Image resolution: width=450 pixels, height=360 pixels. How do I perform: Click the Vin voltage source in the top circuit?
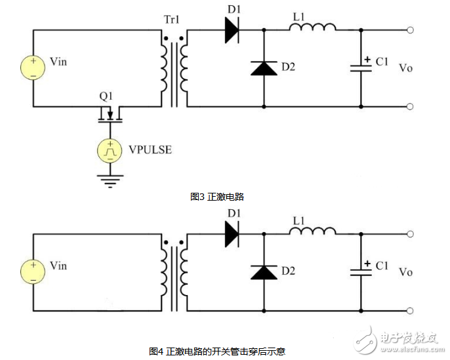pyautogui.click(x=32, y=67)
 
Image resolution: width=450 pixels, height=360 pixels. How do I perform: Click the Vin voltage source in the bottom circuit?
pyautogui.click(x=32, y=271)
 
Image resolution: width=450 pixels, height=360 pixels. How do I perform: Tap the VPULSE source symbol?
pyautogui.click(x=110, y=151)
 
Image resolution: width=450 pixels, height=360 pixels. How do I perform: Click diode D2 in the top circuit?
pyautogui.click(x=264, y=68)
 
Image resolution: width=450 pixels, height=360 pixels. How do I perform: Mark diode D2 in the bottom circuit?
pyautogui.click(x=264, y=271)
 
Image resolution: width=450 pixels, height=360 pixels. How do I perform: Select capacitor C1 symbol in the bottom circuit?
pyautogui.click(x=360, y=271)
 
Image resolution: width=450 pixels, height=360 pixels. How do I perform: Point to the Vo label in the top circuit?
pyautogui.click(x=406, y=68)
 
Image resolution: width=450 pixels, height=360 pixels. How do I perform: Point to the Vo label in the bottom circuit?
pyautogui.click(x=406, y=272)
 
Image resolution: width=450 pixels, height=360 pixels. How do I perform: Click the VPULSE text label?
pyautogui.click(x=150, y=150)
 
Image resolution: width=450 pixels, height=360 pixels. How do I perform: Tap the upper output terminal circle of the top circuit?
pyautogui.click(x=411, y=30)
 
